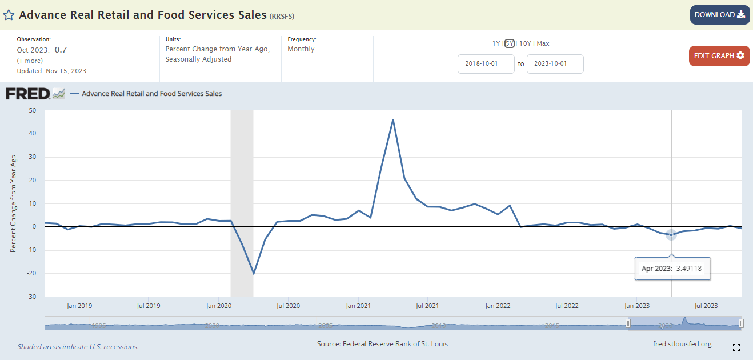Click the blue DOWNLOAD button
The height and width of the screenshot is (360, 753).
719,15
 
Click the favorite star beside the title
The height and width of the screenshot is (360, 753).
9,15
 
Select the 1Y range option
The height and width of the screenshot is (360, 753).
496,43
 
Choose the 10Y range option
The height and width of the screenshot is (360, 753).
525,43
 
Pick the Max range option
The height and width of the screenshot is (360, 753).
543,43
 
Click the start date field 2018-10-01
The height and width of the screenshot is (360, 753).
486,64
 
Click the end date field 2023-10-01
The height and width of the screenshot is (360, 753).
555,64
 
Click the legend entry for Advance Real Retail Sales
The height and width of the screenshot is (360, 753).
151,94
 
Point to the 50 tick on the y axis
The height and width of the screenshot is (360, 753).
32,110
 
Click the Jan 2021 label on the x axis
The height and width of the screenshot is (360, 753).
358,306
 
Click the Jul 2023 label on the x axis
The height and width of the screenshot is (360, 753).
706,306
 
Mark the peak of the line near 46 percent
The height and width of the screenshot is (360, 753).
393,120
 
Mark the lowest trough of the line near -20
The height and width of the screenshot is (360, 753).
254,274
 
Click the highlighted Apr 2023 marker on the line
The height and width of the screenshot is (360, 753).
671,235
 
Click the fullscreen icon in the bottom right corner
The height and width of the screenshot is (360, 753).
736,347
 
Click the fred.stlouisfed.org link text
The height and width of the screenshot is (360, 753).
682,344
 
